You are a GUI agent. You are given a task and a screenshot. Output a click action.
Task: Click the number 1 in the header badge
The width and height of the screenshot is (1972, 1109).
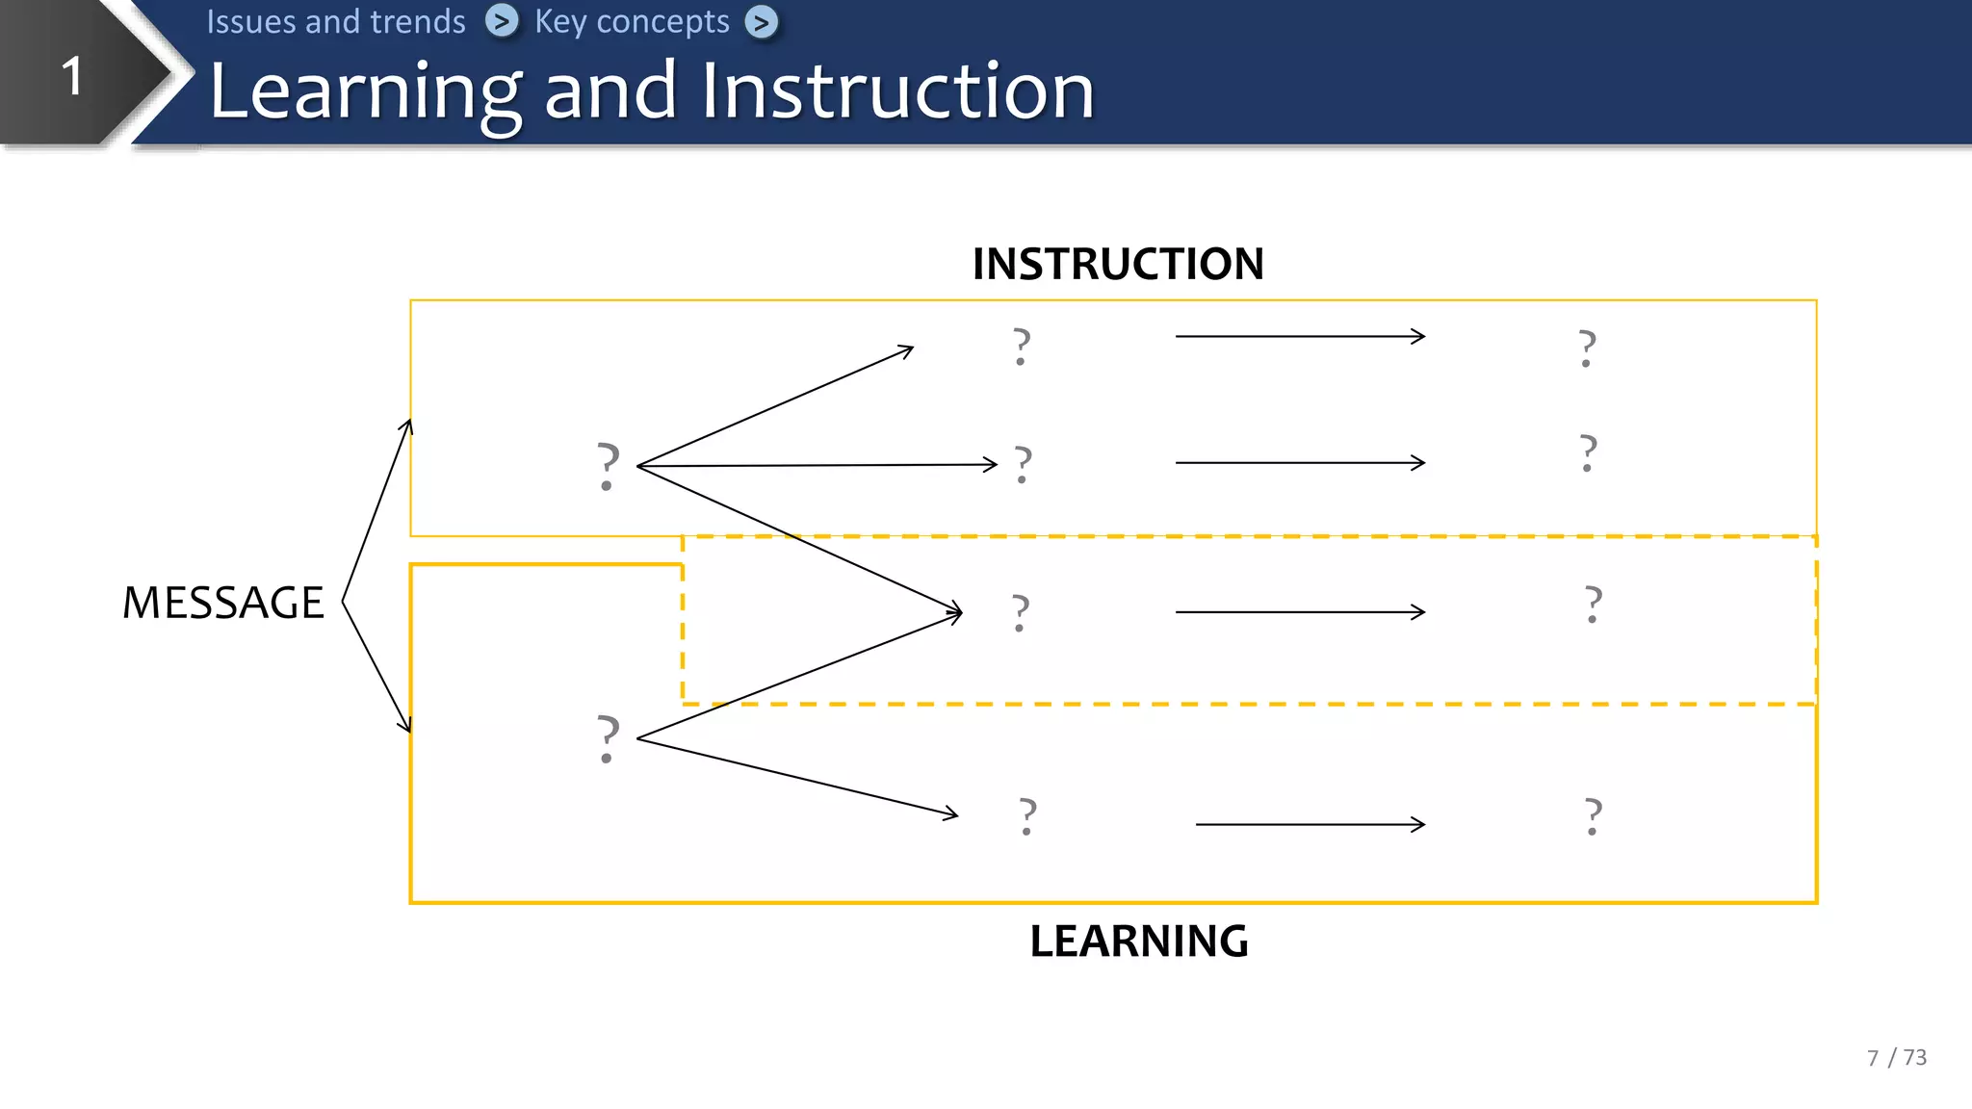72,76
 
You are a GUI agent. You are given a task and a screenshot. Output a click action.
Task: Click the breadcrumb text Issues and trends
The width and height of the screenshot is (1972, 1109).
336,21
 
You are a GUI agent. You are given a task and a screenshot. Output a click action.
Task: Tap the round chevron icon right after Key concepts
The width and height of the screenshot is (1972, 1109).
762,22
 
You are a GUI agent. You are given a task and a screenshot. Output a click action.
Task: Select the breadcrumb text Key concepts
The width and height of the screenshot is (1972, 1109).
632,21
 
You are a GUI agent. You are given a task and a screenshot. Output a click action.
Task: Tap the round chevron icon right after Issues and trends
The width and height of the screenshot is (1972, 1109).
501,21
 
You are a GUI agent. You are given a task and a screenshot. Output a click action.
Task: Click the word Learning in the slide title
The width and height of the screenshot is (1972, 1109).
366,91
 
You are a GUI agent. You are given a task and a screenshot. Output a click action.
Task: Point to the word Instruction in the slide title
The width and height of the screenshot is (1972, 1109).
897,91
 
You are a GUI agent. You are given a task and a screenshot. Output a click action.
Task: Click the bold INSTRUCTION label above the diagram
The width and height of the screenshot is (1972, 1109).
1118,264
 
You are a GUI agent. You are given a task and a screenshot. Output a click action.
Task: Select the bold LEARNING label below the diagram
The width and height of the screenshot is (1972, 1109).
1139,941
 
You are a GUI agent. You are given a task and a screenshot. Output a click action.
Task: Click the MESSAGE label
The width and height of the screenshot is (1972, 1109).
223,604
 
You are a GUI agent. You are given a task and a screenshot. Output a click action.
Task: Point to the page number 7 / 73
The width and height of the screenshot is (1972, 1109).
1896,1058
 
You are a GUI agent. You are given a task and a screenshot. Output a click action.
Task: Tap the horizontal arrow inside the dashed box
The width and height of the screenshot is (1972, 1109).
1300,612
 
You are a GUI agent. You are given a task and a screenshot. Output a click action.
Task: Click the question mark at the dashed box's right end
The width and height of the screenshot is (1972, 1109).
1594,605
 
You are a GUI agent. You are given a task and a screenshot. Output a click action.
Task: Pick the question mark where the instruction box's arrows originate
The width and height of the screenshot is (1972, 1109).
608,466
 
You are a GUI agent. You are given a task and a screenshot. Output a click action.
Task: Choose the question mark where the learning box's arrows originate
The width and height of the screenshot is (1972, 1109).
608,739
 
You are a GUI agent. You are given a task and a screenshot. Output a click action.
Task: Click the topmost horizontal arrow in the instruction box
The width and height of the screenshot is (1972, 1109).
1300,337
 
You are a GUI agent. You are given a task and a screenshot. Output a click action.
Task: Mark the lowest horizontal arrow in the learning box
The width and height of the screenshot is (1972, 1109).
1310,825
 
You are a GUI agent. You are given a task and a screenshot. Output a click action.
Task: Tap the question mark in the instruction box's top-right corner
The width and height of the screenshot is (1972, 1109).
1588,348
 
